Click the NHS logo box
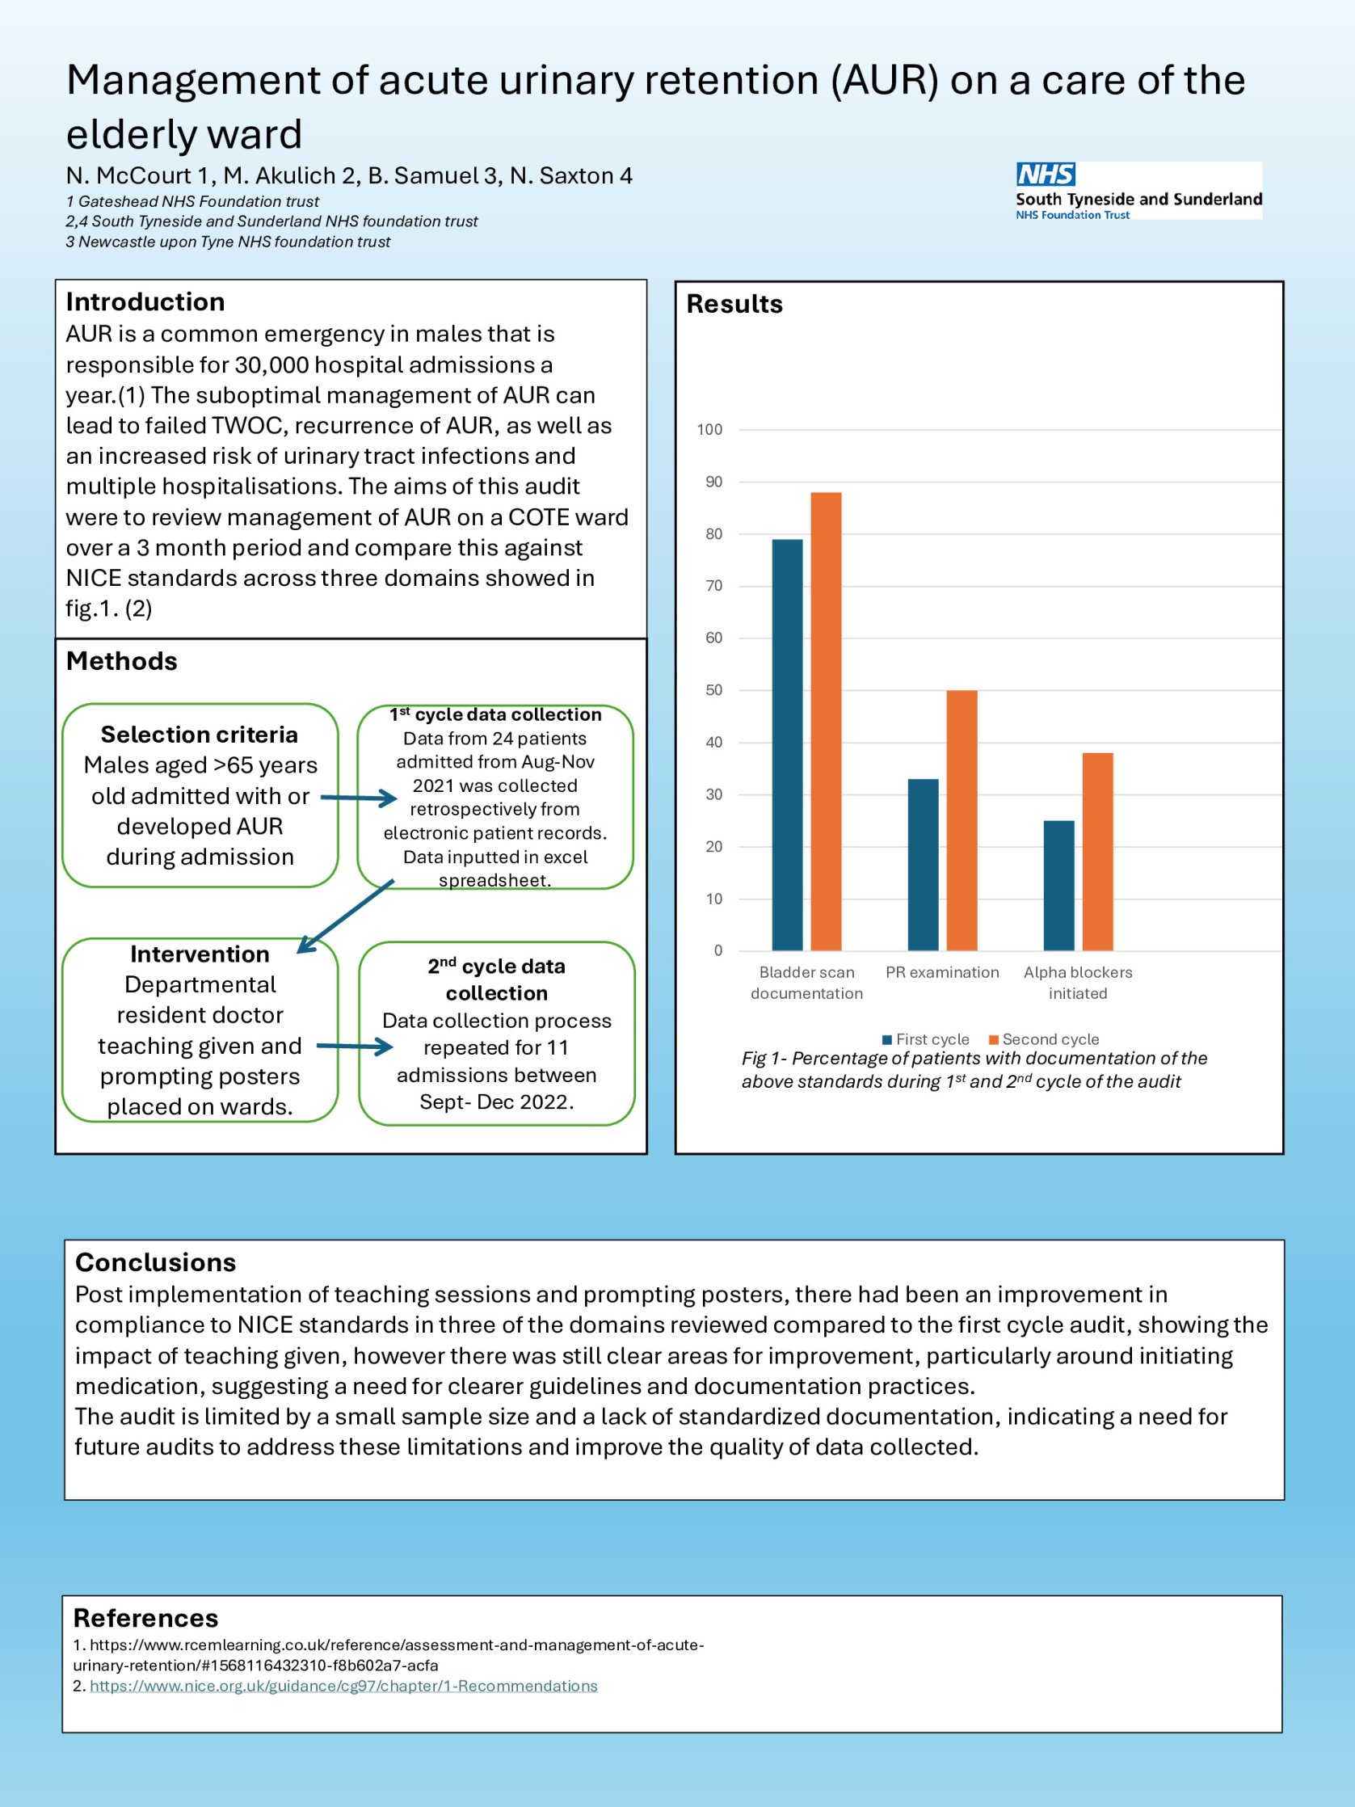click(x=1046, y=174)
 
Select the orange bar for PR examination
click(x=962, y=820)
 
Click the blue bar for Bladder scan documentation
click(x=786, y=744)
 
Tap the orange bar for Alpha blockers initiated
click(x=1097, y=851)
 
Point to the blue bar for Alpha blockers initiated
click(x=1058, y=886)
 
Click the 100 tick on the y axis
click(x=709, y=430)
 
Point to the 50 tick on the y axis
click(x=713, y=690)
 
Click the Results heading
click(x=734, y=304)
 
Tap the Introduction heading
click(x=145, y=301)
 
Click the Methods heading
click(x=121, y=661)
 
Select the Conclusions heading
click(x=155, y=1262)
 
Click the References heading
click(x=145, y=1618)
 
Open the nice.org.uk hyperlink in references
click(x=343, y=1686)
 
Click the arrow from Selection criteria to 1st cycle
click(x=359, y=798)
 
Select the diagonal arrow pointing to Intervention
click(x=346, y=916)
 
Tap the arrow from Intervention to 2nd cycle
click(x=355, y=1047)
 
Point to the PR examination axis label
click(x=942, y=972)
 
